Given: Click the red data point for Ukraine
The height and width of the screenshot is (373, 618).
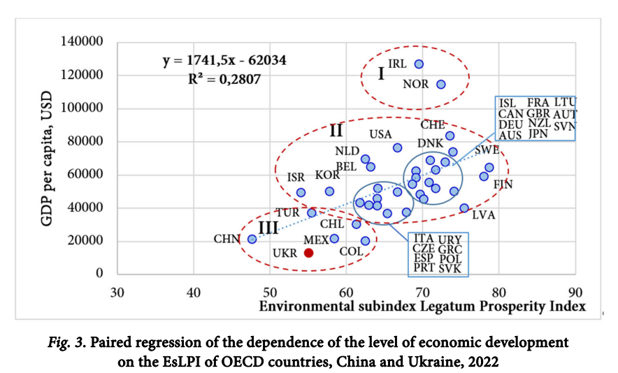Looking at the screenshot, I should [x=308, y=253].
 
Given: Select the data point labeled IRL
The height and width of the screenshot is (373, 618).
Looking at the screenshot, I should [x=419, y=64].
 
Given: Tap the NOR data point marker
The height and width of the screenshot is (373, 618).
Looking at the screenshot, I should [x=441, y=84].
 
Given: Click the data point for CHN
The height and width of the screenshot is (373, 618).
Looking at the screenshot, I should [x=252, y=239].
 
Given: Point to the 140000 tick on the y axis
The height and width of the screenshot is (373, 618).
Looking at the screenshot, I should [x=82, y=43].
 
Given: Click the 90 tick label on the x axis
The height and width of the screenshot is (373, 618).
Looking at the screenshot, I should [x=575, y=291].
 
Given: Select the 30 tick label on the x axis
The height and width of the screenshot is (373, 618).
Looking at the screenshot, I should [x=117, y=291].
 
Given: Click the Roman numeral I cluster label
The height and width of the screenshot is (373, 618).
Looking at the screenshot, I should [x=381, y=73].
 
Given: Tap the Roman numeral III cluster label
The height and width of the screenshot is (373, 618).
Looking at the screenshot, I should [x=269, y=228].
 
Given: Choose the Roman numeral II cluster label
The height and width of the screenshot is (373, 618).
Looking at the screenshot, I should [x=336, y=131].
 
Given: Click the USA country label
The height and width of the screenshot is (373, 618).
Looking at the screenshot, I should [x=380, y=134].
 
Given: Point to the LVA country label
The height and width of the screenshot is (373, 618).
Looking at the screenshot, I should [x=483, y=214].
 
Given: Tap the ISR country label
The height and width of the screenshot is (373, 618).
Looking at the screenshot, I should [x=296, y=177].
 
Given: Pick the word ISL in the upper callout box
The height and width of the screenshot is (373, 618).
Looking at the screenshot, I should [x=508, y=103].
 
